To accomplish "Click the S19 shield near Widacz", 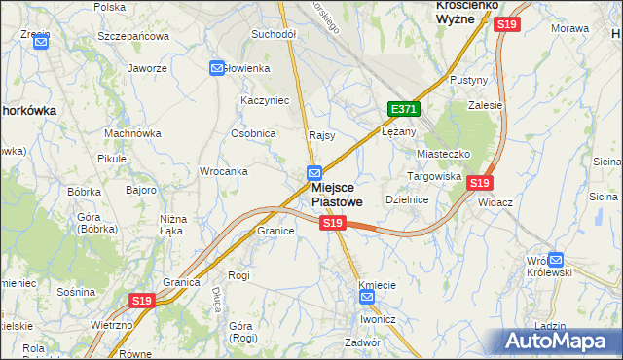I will [x=478, y=182].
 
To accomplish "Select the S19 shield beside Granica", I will [x=142, y=302].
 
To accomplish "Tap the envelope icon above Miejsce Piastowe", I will [x=304, y=172].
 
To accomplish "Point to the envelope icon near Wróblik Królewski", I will [x=555, y=259].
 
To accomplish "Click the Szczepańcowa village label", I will [x=133, y=36].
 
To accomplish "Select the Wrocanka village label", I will [x=222, y=171].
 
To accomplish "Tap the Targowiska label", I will [x=433, y=177].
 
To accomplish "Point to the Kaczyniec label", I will [x=266, y=100].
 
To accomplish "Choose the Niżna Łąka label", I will [x=171, y=226].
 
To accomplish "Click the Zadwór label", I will [x=361, y=342].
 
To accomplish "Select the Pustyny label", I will [x=467, y=80].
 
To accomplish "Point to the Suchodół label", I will [x=274, y=34].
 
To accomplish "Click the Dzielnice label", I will [x=407, y=198].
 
